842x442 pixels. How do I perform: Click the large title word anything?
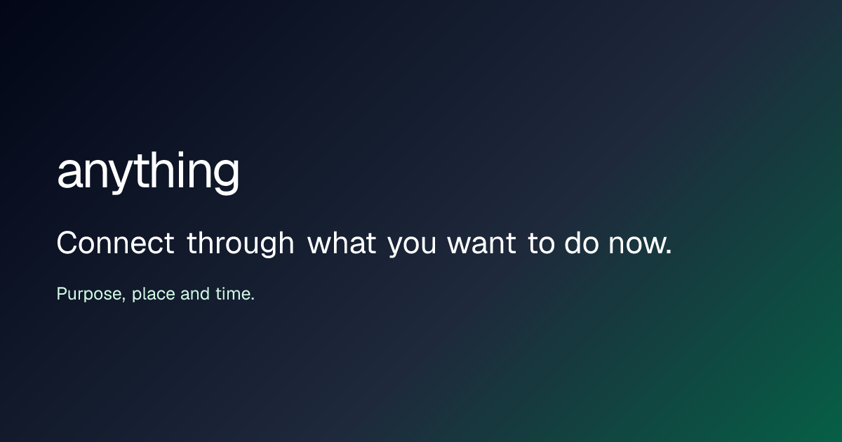point(148,173)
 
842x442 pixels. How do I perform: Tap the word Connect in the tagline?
point(115,243)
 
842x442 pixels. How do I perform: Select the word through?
point(240,244)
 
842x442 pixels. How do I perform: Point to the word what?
point(341,243)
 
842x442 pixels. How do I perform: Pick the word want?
point(481,243)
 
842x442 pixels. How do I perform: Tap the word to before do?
point(541,243)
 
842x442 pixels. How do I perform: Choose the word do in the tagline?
point(582,243)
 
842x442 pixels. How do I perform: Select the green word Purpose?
point(91,294)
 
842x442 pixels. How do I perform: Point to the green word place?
point(154,294)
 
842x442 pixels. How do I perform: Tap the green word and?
point(195,293)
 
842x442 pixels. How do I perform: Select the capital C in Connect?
point(67,243)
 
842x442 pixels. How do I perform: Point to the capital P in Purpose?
point(62,293)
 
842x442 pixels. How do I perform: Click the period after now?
point(668,252)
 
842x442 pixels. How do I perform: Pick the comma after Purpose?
point(123,299)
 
